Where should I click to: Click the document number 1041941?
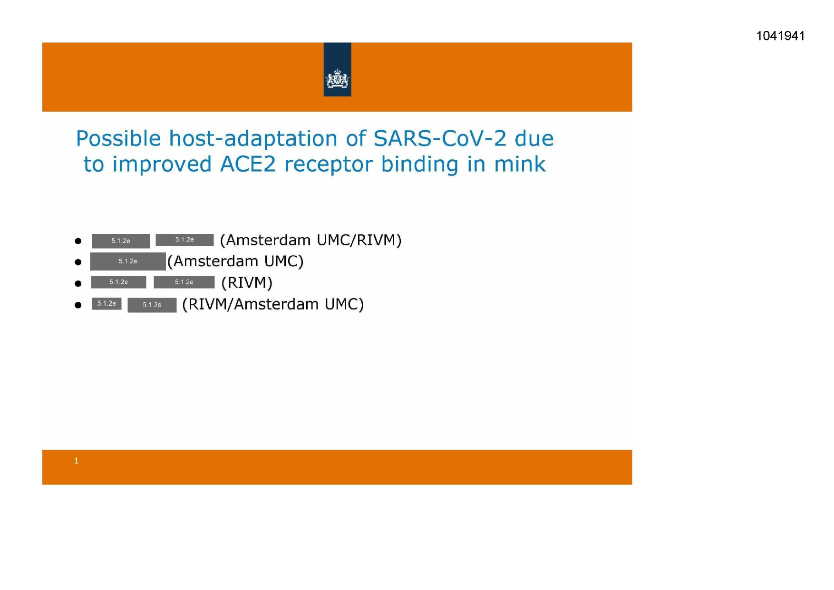tap(780, 36)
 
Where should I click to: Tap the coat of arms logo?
tap(337, 79)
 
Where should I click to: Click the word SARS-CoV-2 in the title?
tap(440, 139)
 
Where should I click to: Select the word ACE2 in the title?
tap(248, 164)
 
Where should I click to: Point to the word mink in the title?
tap(520, 164)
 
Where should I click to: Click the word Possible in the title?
tap(119, 139)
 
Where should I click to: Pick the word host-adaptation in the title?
tap(253, 139)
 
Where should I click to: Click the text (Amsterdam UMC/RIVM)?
tap(311, 240)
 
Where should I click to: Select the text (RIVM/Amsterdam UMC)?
tap(273, 304)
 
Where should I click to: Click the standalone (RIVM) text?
tap(247, 283)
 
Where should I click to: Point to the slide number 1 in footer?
tap(76, 461)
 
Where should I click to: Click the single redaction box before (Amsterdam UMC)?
tap(128, 261)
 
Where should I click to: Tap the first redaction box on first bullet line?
tap(121, 241)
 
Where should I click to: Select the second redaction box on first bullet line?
tap(184, 240)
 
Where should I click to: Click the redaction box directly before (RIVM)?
tap(184, 282)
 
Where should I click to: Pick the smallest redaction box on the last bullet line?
tap(107, 303)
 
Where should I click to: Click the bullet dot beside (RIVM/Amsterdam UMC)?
tap(78, 305)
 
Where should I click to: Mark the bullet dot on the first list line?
tap(78, 241)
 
